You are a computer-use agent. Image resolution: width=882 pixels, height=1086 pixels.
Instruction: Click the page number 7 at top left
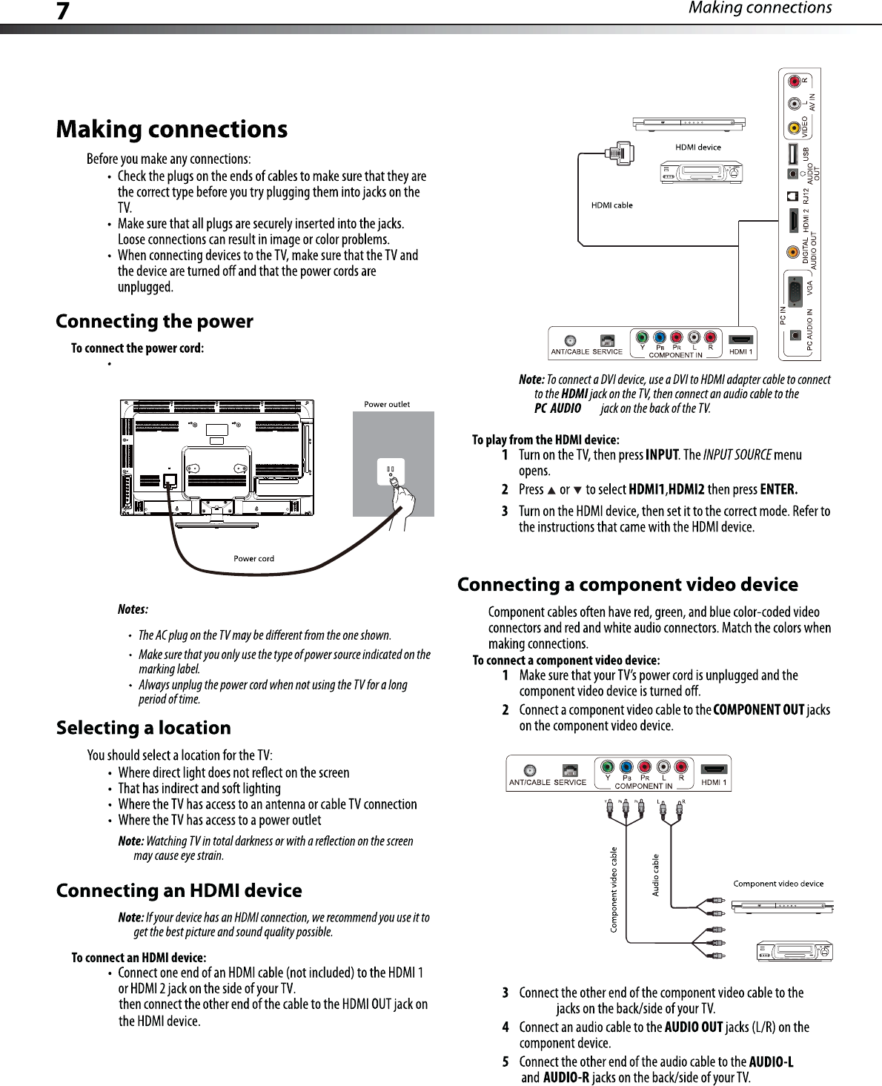click(x=63, y=11)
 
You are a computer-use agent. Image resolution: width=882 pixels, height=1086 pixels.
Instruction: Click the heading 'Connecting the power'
click(x=154, y=322)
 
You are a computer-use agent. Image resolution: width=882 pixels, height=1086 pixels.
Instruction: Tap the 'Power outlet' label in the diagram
click(x=387, y=404)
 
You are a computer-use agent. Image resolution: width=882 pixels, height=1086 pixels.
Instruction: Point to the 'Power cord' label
click(x=253, y=559)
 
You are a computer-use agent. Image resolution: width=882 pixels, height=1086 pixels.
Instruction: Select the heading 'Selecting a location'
click(x=144, y=728)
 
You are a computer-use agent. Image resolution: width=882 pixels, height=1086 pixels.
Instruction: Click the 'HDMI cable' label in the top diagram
click(x=611, y=205)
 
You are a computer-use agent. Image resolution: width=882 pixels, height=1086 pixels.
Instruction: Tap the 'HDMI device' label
click(x=697, y=147)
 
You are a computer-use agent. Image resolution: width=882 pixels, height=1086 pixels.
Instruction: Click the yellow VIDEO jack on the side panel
click(x=795, y=128)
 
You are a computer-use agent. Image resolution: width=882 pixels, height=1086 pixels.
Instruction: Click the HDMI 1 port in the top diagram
click(x=740, y=340)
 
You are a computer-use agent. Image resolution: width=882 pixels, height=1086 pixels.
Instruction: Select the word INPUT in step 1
click(x=662, y=455)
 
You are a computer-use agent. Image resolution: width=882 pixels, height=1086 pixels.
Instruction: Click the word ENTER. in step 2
click(x=778, y=489)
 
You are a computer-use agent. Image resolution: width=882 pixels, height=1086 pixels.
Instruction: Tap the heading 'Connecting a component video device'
click(x=627, y=585)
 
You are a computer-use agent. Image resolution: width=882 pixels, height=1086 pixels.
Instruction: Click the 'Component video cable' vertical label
click(x=614, y=890)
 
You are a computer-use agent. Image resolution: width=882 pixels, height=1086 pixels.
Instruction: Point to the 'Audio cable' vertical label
click(x=655, y=875)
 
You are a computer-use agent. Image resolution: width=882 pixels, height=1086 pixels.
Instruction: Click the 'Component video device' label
click(x=778, y=884)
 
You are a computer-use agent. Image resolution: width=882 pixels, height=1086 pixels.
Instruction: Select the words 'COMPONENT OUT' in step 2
click(x=758, y=710)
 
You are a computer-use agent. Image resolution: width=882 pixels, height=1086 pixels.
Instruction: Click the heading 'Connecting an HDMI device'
click(x=179, y=891)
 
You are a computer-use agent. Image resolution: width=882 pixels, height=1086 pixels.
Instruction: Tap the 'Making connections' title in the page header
click(x=760, y=8)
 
